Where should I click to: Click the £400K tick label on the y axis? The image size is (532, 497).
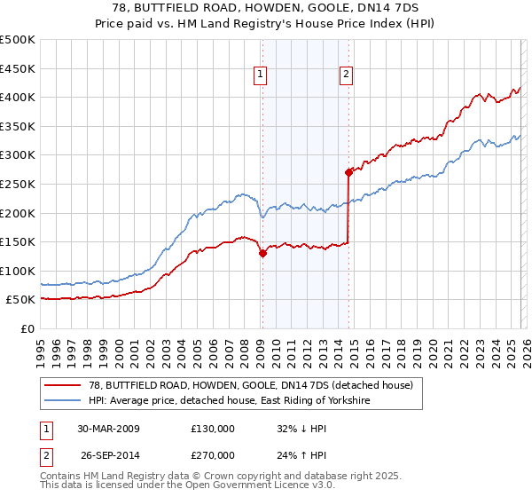point(18,97)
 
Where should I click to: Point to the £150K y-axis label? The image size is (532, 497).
point(18,241)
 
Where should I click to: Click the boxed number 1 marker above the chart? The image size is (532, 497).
point(261,75)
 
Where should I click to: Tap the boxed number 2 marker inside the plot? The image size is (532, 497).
point(345,75)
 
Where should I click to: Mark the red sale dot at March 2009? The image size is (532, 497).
point(262,253)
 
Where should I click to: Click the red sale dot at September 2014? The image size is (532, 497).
point(348,172)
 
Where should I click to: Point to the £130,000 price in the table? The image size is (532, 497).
point(213,429)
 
